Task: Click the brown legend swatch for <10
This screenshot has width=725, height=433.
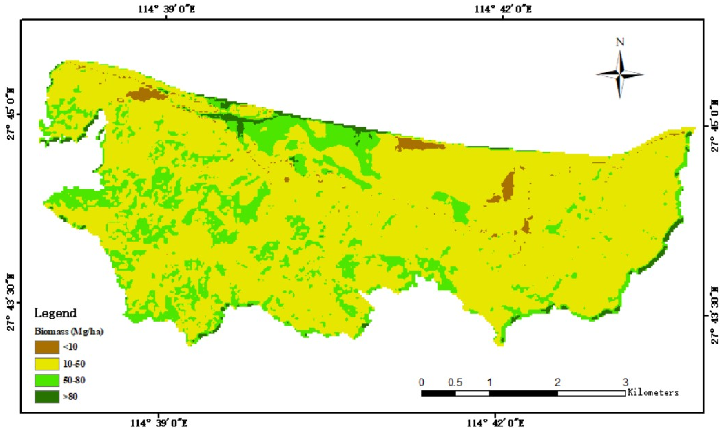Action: click(x=47, y=347)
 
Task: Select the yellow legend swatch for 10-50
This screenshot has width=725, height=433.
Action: click(x=47, y=364)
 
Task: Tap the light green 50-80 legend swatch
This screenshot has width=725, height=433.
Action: click(x=47, y=380)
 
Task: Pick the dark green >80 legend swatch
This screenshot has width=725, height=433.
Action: click(x=47, y=397)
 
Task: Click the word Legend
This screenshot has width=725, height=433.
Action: click(x=55, y=313)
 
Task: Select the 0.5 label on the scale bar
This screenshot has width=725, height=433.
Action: click(x=456, y=382)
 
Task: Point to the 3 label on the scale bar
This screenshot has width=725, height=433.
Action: click(x=625, y=382)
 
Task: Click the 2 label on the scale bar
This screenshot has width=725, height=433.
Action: click(x=557, y=382)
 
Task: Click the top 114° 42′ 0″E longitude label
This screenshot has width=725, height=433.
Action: click(x=502, y=9)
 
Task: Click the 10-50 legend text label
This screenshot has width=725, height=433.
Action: click(x=74, y=364)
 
